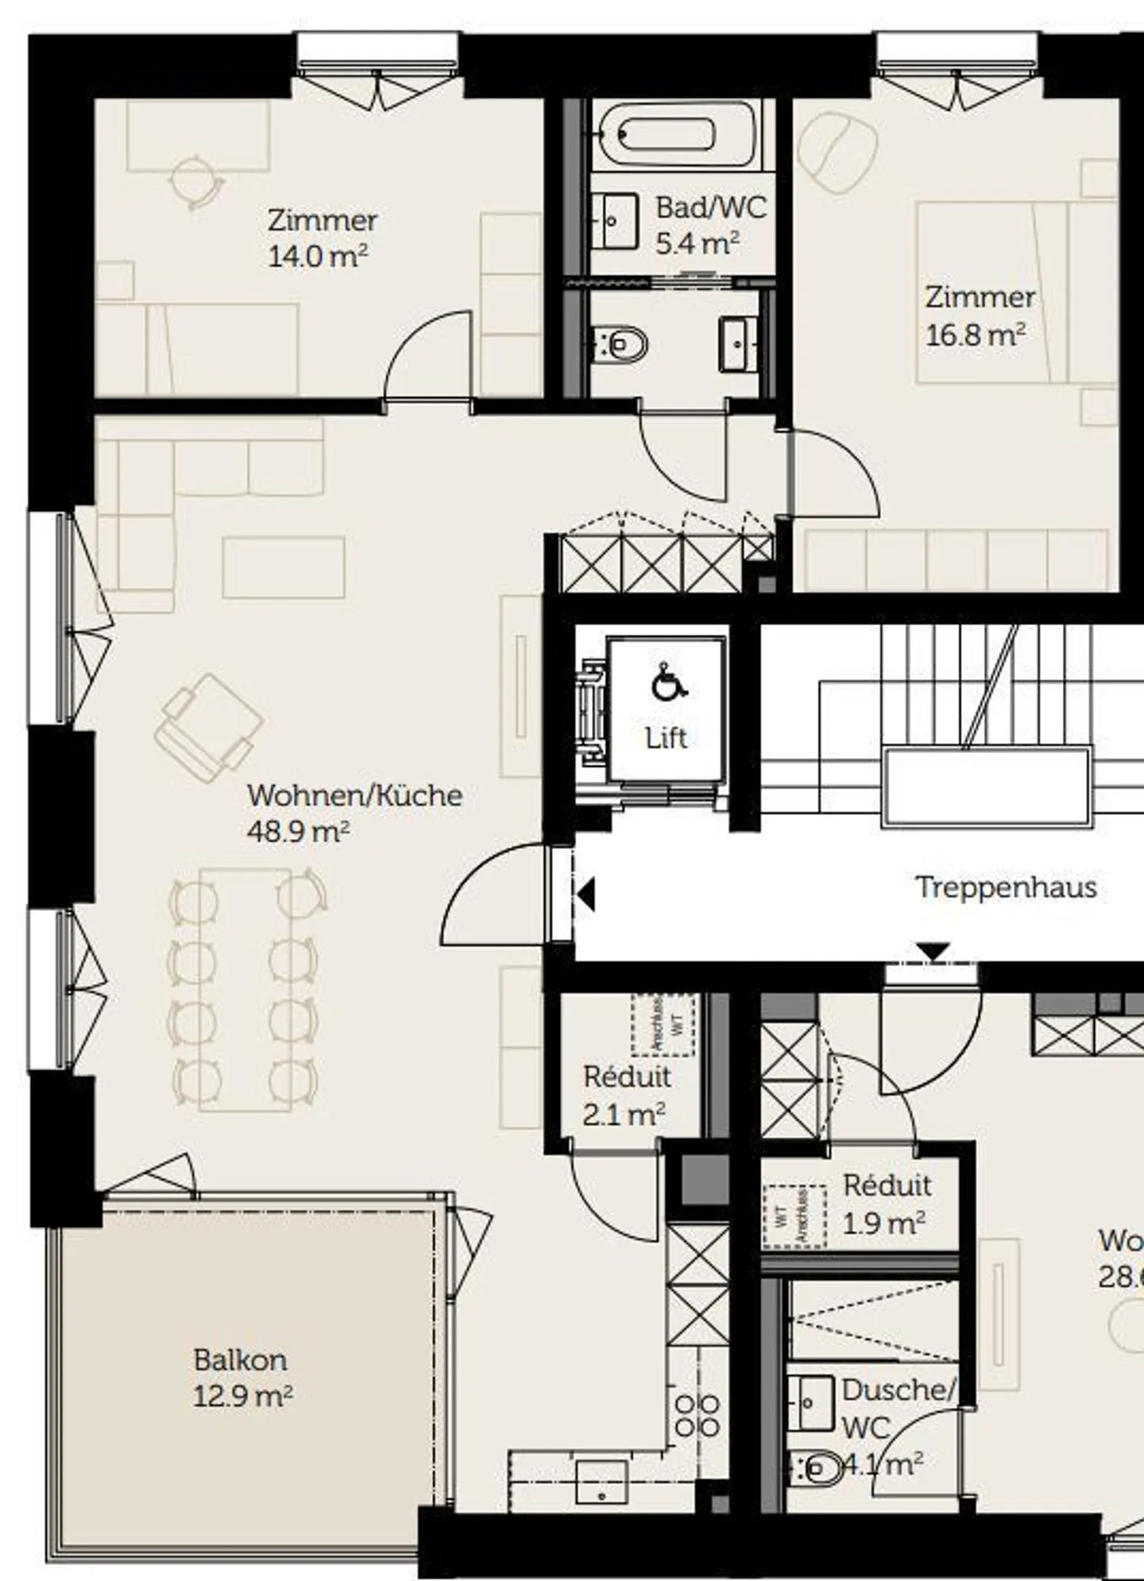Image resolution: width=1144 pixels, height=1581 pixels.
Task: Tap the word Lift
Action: click(666, 738)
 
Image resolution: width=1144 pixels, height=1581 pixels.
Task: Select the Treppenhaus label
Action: click(1006, 887)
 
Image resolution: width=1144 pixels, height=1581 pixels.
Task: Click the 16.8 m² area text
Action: click(975, 335)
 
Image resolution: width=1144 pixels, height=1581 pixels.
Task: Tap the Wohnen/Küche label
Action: click(354, 795)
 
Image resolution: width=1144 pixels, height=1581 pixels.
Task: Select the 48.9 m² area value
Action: click(298, 832)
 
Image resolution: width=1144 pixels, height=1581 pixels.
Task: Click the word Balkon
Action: click(240, 1360)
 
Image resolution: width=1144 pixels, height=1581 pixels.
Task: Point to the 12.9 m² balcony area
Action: click(243, 1396)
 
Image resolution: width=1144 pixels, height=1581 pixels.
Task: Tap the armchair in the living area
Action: click(208, 728)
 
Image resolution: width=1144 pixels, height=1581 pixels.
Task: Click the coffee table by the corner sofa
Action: click(284, 567)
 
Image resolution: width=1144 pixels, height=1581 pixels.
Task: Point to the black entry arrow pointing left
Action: click(586, 895)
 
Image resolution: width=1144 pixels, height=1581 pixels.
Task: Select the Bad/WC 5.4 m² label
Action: click(709, 225)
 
